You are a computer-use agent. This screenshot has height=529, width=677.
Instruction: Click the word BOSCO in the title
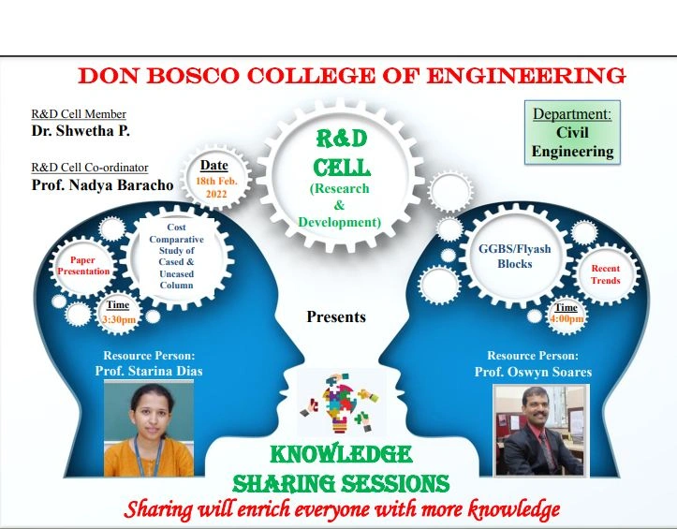193,76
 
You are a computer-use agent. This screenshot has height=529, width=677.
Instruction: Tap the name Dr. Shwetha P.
81,131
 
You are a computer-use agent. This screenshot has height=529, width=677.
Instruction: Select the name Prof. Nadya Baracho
102,184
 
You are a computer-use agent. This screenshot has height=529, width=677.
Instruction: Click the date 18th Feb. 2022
216,187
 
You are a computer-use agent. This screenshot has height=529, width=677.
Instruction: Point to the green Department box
572,133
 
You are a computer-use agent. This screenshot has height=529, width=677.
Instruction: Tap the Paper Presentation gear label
83,266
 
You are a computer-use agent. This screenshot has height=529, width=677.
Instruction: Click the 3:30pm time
119,319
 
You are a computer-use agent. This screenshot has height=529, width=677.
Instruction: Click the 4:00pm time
567,319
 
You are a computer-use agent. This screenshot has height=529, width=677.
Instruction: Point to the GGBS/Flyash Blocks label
515,257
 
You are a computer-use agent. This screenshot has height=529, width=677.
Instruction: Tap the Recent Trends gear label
605,274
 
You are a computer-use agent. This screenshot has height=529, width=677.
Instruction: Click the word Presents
336,317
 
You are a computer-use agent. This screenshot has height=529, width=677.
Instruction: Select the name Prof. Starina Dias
149,371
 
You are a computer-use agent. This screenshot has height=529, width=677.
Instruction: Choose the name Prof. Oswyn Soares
533,372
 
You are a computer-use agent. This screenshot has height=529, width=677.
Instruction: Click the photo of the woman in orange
149,429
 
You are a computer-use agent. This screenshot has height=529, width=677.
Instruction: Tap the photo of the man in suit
541,431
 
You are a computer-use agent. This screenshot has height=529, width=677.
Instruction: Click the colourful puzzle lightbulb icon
341,403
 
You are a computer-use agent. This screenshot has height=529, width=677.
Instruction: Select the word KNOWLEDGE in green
341,454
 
